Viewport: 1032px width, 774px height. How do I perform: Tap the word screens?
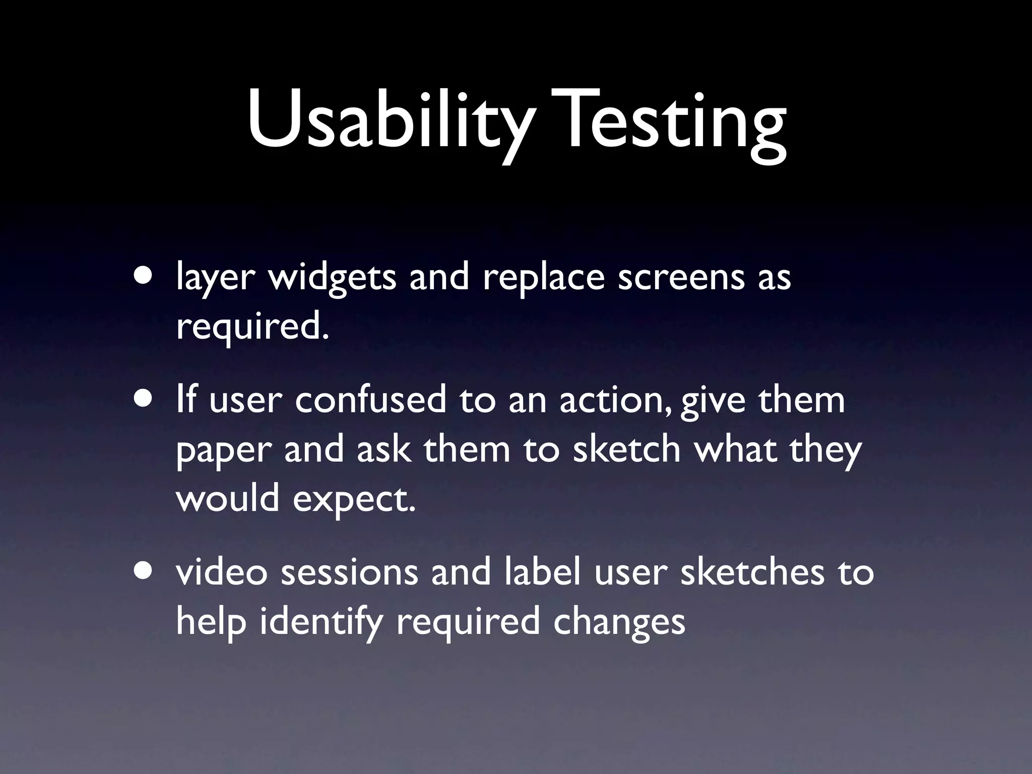click(x=681, y=278)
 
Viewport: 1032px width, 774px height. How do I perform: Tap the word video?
click(x=222, y=573)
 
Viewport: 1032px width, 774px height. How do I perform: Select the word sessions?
click(x=349, y=573)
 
